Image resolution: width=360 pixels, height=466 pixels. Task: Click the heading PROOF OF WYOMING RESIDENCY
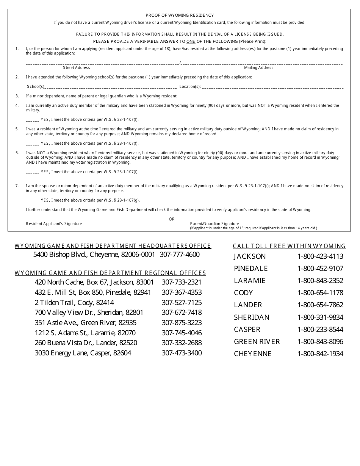point(180,16)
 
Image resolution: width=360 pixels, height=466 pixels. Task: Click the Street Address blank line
point(102,63)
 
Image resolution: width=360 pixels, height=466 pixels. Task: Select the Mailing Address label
point(258,68)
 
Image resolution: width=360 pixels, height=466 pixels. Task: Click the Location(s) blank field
point(272,87)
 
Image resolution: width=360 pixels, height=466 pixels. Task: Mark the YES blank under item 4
point(32,120)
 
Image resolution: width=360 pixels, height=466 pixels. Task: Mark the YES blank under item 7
point(32,200)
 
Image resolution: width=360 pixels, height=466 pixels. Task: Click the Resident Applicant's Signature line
point(86,219)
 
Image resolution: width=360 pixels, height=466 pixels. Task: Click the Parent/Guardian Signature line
point(250,219)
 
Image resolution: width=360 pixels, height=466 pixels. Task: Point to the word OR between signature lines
point(172,219)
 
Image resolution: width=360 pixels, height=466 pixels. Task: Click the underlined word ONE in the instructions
point(191,41)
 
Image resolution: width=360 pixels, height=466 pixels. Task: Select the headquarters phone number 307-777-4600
point(180,255)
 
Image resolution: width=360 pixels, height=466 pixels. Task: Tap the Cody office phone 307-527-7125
point(182,303)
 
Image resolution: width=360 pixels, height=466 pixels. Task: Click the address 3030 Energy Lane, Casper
point(83,353)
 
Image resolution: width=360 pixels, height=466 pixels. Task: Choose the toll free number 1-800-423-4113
point(320,256)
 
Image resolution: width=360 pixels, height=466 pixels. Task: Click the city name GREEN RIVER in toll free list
point(257,342)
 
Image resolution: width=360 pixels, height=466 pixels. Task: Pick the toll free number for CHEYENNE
point(320,354)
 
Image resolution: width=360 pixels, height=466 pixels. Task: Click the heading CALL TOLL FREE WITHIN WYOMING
point(289,246)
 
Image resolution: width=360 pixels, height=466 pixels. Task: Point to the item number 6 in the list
point(17,153)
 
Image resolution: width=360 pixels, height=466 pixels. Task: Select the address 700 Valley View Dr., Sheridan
point(89,313)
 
